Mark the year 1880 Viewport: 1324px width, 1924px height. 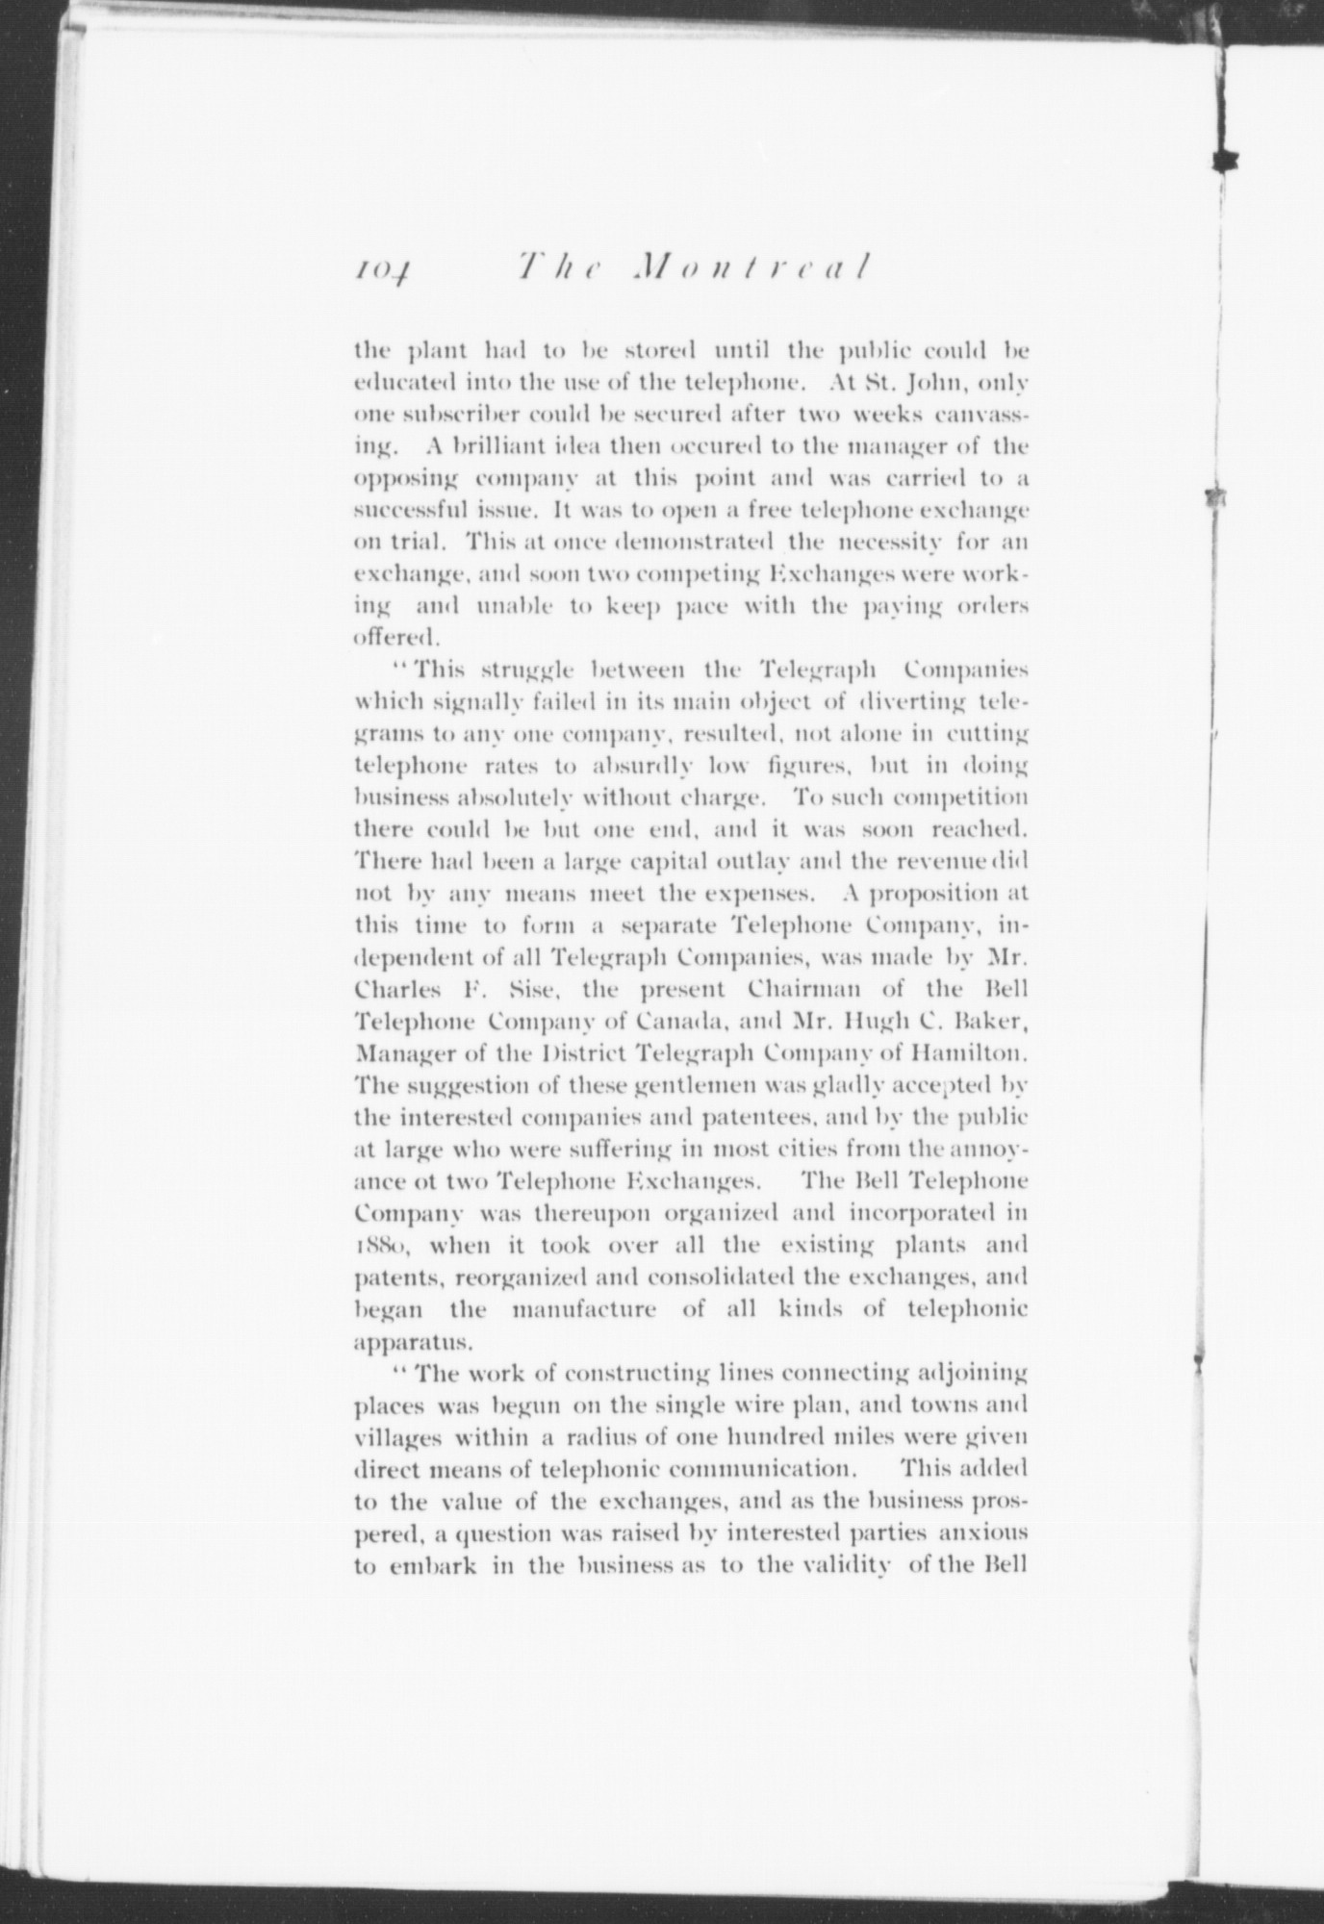point(383,1249)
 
